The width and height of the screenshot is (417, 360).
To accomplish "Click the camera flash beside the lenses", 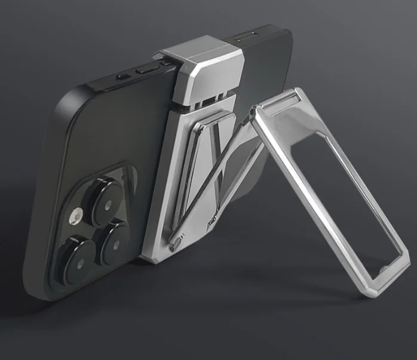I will pos(76,216).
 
